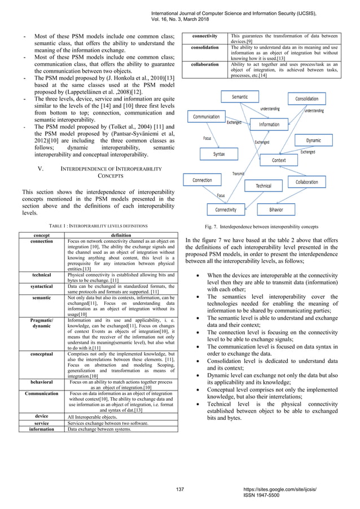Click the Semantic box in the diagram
240,97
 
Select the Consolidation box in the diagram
306,99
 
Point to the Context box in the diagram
279,160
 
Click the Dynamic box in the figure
314,140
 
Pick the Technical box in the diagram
264,185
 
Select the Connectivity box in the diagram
226,209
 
